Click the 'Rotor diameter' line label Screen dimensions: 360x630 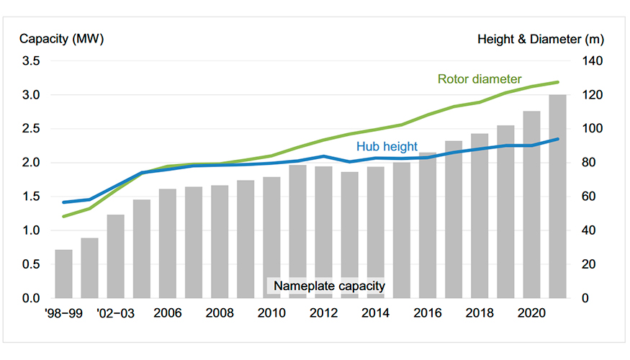click(x=479, y=79)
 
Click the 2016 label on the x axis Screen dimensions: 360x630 click(x=428, y=314)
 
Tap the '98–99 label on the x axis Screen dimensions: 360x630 click(x=63, y=314)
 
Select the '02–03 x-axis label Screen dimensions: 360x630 click(x=115, y=314)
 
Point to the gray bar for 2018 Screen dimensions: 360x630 click(x=480, y=216)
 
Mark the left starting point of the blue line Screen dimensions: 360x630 click(x=64, y=202)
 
